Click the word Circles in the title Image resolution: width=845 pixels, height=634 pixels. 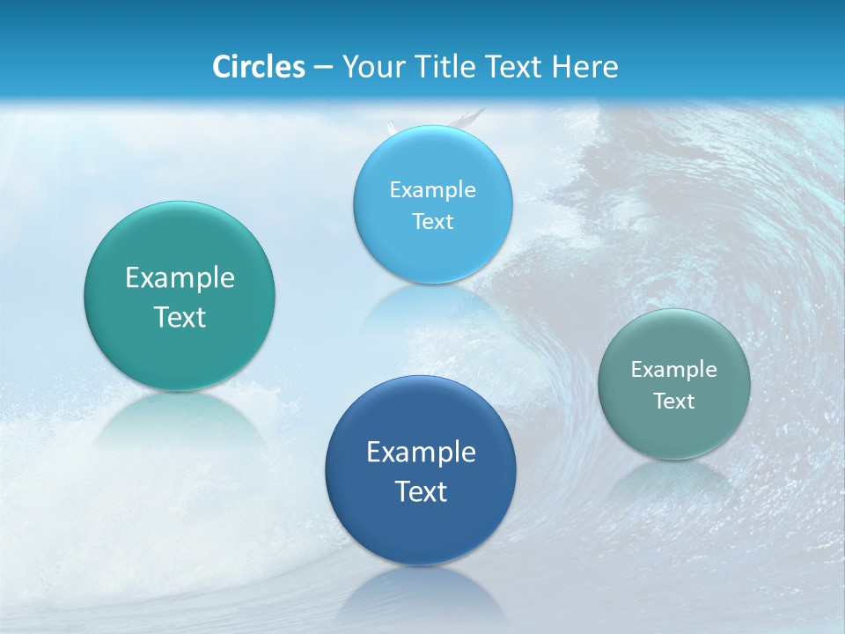258,67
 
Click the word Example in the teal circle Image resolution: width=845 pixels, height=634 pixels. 180,277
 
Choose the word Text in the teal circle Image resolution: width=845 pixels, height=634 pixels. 180,317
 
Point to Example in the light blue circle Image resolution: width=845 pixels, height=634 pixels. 432,189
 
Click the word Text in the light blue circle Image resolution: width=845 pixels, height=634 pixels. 432,221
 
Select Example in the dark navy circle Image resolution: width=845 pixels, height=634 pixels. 421,452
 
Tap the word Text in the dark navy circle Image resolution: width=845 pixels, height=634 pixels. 421,491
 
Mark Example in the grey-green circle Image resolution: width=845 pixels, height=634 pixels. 674,369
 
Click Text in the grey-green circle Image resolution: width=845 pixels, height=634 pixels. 674,401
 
